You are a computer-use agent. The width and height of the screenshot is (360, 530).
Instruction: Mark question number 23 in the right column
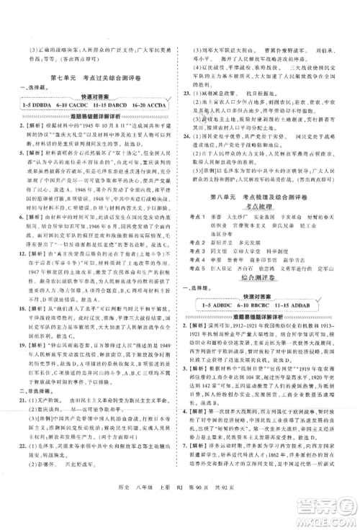coord(189,93)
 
